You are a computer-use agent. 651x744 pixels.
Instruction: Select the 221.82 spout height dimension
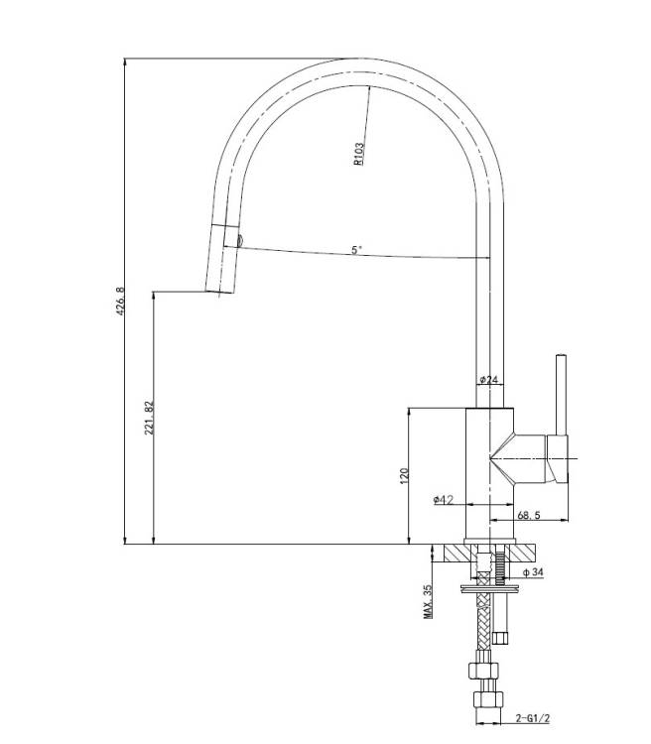pos(149,418)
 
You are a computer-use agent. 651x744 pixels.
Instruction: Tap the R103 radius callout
pos(359,154)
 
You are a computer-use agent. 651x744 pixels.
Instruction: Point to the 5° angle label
pos(356,250)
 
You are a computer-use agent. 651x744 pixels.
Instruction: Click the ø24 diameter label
pos(489,379)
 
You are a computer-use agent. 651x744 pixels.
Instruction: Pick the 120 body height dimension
pos(404,476)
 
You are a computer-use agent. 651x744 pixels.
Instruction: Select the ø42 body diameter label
pos(443,499)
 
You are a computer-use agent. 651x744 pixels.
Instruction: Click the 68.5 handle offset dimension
pos(529,514)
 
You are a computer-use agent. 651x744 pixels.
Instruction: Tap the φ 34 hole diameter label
pos(533,572)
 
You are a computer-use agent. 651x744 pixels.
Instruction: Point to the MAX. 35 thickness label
pos(428,602)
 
